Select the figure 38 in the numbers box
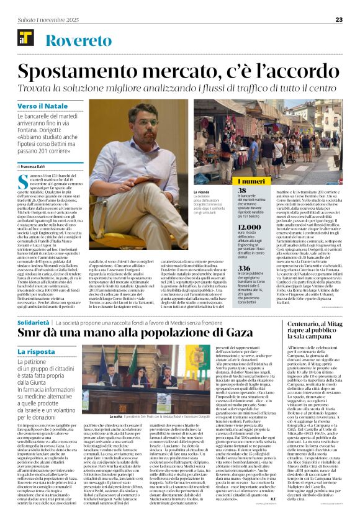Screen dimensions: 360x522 243,191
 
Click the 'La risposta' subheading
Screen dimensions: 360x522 37,351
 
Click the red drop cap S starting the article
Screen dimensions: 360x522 22,183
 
